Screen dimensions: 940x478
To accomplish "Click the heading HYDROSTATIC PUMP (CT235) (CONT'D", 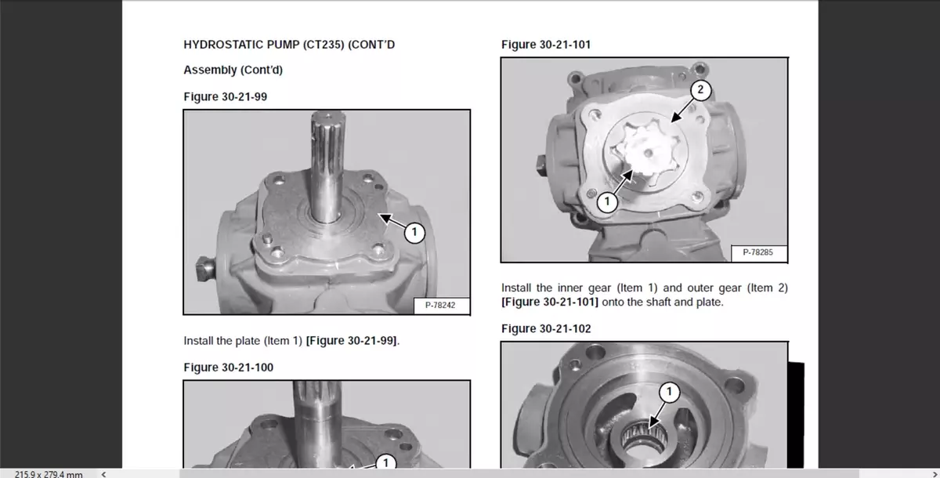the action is click(x=289, y=45).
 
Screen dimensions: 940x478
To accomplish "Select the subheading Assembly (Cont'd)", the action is click(x=233, y=70).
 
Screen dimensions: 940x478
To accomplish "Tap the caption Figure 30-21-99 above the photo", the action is click(x=226, y=96).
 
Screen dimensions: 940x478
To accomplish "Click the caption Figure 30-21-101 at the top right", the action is click(x=546, y=45).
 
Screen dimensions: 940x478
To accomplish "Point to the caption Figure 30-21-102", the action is click(x=546, y=328).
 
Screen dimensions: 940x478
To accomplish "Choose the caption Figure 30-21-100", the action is click(x=228, y=368).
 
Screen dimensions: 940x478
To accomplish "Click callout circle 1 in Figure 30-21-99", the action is click(x=414, y=233).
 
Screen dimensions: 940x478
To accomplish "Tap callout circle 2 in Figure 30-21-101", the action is click(x=700, y=90).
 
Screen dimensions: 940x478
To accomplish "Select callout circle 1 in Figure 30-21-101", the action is click(x=607, y=202).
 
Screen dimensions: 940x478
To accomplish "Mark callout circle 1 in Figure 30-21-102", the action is click(x=669, y=392).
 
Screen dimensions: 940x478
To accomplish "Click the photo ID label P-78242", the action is click(x=440, y=305).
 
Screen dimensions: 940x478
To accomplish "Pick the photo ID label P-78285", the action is click(x=758, y=252).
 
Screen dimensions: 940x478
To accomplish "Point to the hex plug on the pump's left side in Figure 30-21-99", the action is click(x=205, y=268).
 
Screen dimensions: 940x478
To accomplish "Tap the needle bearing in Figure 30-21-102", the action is click(x=643, y=436).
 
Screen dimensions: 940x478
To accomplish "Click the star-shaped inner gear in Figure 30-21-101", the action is click(x=645, y=149).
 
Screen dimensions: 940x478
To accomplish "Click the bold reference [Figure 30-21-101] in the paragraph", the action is click(x=550, y=302).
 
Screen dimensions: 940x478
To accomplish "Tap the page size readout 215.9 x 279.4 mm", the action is click(x=49, y=474).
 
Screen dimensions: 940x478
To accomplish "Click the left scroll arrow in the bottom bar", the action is click(x=103, y=474).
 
